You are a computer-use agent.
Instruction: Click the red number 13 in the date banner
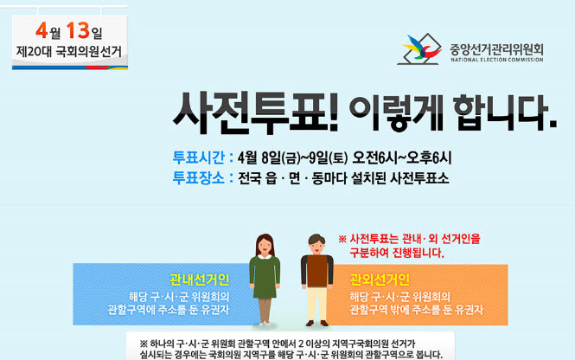(78, 30)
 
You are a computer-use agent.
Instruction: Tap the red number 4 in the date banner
(42, 30)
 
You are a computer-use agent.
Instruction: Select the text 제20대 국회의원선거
(68, 51)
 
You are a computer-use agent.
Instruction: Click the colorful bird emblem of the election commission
(422, 47)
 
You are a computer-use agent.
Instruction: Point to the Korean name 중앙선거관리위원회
(496, 49)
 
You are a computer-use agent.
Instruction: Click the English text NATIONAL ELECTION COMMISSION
(497, 60)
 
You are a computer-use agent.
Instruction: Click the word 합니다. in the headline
(505, 112)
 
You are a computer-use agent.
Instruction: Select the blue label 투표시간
(198, 157)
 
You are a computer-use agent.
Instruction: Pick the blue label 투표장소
(198, 178)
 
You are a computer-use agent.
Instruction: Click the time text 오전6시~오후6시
(402, 157)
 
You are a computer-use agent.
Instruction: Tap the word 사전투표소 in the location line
(419, 178)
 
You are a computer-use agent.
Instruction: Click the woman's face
(265, 247)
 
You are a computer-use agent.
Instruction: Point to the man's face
(316, 245)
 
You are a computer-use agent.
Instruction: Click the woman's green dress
(265, 277)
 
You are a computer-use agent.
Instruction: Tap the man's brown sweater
(317, 271)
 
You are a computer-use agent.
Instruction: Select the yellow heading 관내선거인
(200, 280)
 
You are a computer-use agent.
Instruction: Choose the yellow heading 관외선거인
(380, 280)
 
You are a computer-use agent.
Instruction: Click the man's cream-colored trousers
(317, 305)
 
